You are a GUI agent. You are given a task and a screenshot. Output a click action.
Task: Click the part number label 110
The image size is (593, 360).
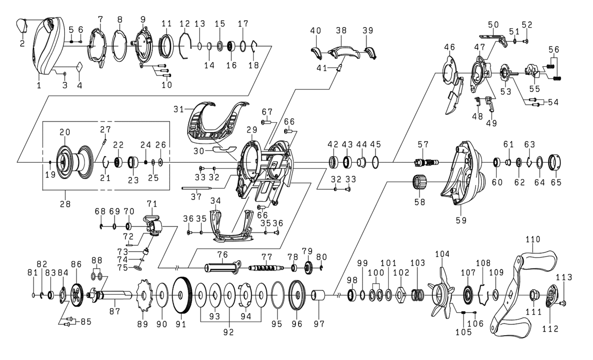[533, 239]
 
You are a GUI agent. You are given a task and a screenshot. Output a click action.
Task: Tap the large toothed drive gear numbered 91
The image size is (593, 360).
[183, 296]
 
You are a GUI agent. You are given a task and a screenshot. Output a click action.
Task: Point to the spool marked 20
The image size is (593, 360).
[69, 161]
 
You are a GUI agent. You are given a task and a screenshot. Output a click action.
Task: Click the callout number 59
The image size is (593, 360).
[461, 220]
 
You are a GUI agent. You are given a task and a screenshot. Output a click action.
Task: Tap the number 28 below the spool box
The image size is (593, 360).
[65, 203]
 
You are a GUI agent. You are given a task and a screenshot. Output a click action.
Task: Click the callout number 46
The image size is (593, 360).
[449, 47]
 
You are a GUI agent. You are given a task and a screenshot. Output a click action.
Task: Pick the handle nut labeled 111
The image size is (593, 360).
[535, 296]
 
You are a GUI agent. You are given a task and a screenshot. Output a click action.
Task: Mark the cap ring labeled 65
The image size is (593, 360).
[555, 162]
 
